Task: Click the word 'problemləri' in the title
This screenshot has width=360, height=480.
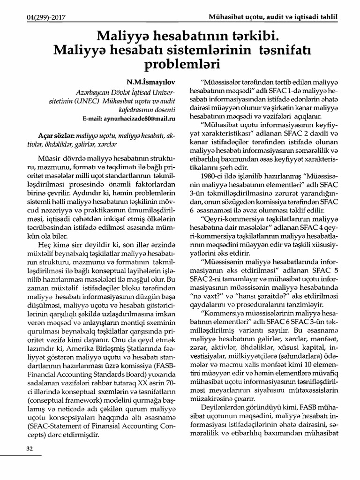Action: click(x=181, y=63)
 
